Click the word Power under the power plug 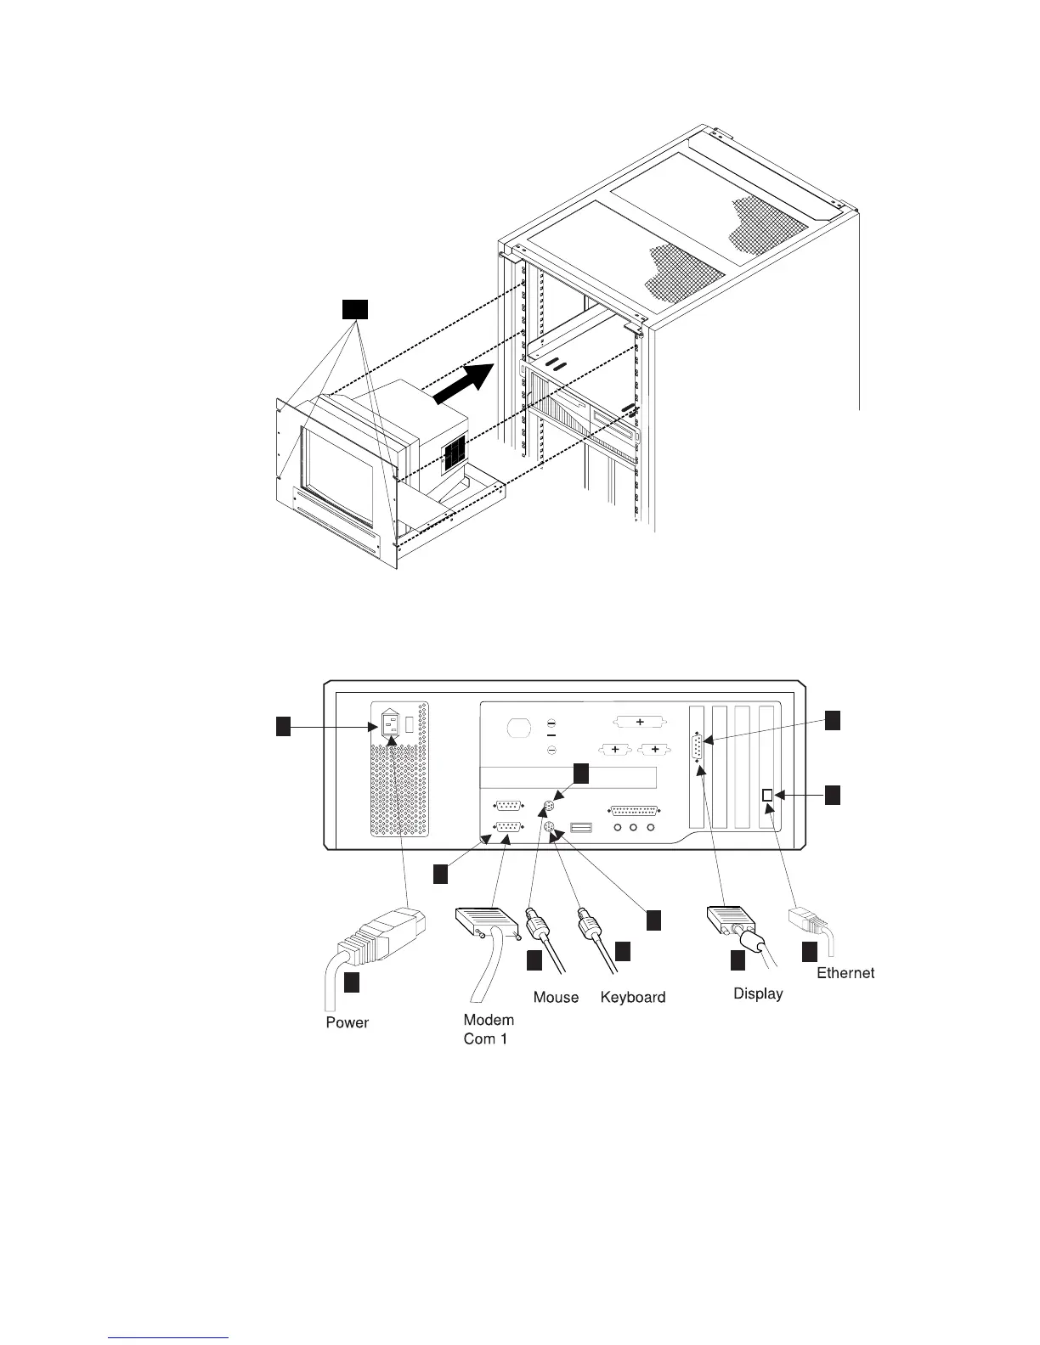(347, 1022)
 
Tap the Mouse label (556, 997)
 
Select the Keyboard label (632, 997)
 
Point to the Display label (758, 993)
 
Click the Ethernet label (845, 972)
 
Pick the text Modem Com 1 (488, 1029)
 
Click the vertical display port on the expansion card (698, 751)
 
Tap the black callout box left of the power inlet (284, 726)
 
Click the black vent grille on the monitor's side (455, 453)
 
